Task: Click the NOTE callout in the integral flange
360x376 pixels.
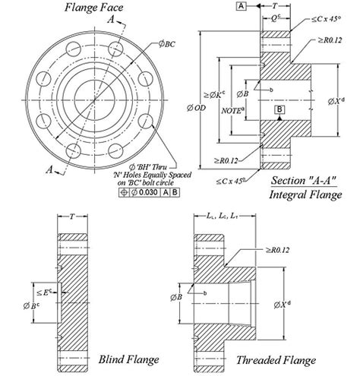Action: click(x=232, y=112)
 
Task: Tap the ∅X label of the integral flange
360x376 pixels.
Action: click(x=344, y=100)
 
